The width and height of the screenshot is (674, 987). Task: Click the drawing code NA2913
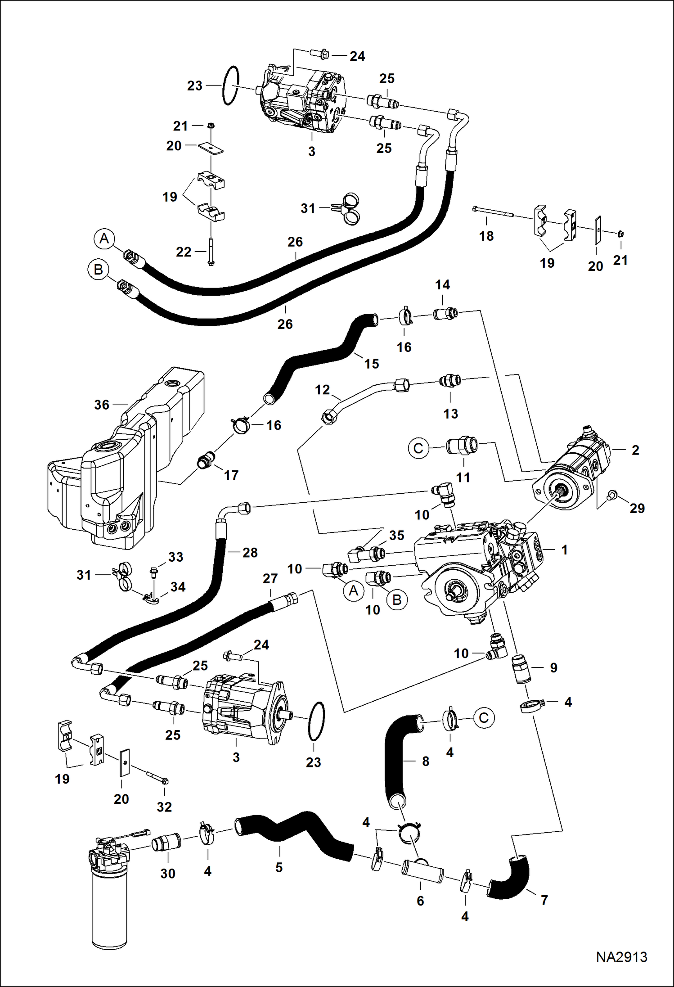point(621,957)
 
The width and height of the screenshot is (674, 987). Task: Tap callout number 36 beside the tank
point(102,405)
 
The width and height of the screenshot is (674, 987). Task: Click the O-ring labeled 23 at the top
point(230,86)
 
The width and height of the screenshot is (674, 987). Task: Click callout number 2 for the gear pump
point(635,450)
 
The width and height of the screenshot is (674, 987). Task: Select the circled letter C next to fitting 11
point(418,448)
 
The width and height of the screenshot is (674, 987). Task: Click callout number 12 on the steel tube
point(322,390)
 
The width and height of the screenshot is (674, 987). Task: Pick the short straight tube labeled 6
point(422,872)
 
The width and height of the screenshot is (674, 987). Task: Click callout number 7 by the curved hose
point(544,900)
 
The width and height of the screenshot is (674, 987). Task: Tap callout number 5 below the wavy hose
point(279,867)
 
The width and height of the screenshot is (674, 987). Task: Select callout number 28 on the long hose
point(250,552)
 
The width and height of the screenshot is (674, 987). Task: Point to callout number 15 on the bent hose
point(371,364)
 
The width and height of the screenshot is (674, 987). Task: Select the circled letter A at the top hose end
point(104,239)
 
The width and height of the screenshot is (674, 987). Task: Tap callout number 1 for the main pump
point(564,550)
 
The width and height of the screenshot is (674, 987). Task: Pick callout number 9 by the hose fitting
point(553,667)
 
